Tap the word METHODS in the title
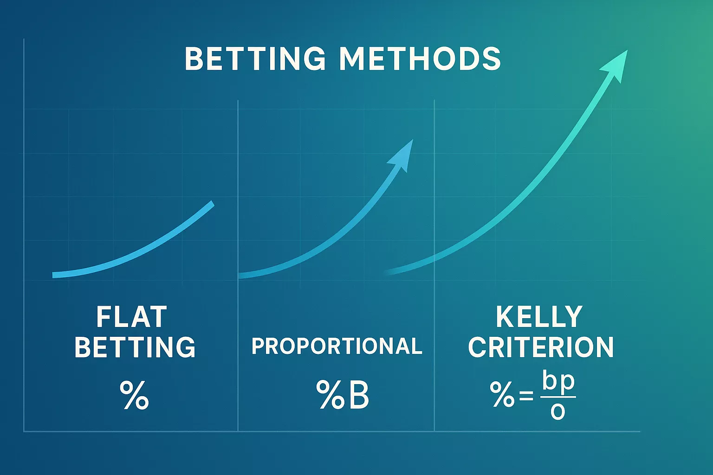(x=420, y=59)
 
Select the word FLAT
(x=131, y=317)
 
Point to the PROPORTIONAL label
(x=337, y=347)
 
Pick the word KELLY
(x=539, y=317)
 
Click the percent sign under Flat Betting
(x=134, y=395)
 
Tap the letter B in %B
(x=358, y=395)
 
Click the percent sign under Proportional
(x=330, y=395)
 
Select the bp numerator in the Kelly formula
(x=558, y=383)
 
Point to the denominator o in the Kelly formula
(x=557, y=411)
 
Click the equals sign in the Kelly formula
(x=526, y=397)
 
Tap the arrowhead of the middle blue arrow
(x=402, y=154)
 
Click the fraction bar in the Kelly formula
(x=558, y=397)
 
